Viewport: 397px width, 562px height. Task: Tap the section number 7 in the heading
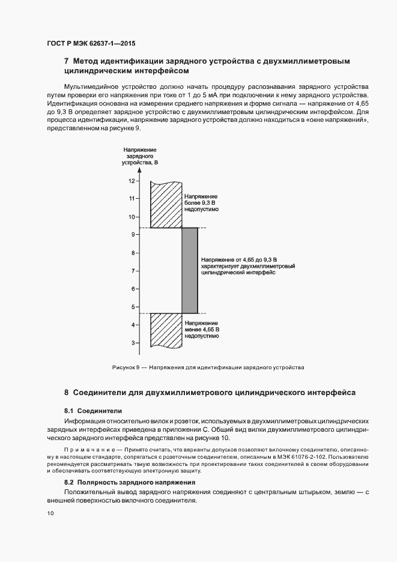click(x=66, y=61)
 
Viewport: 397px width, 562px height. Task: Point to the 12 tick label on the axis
click(x=132, y=180)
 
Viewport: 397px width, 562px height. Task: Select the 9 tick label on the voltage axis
click(x=133, y=235)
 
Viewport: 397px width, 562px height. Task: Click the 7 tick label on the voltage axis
click(x=133, y=271)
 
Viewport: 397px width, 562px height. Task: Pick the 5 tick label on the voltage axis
click(x=133, y=307)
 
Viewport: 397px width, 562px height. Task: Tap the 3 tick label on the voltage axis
click(x=133, y=343)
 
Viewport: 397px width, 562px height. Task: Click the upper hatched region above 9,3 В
click(x=166, y=204)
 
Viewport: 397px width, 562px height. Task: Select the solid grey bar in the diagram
click(x=190, y=270)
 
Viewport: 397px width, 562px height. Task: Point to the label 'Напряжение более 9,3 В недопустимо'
click(x=201, y=204)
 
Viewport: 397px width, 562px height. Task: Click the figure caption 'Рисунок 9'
click(x=125, y=367)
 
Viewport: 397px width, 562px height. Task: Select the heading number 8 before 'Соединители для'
click(x=66, y=392)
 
